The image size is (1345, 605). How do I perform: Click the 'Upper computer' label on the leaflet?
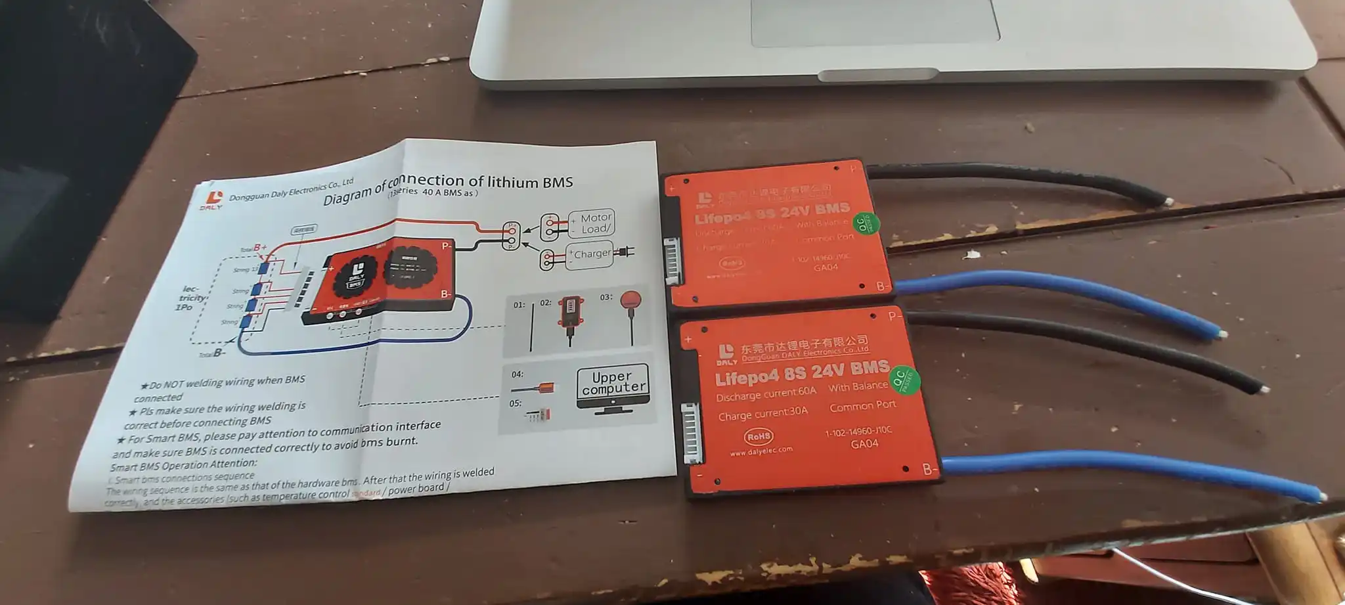[x=613, y=382]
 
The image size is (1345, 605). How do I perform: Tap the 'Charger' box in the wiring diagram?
[x=592, y=254]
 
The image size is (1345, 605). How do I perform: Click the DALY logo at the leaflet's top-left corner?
[x=213, y=200]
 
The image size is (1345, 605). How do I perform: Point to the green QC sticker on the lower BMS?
[x=906, y=380]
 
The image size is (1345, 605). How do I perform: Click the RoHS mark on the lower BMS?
[x=759, y=436]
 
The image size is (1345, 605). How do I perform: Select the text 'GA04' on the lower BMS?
[x=864, y=444]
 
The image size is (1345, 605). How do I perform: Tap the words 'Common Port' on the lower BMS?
[x=862, y=406]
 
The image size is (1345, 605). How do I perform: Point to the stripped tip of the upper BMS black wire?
[x=1168, y=201]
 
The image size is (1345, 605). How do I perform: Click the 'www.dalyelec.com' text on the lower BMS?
[x=761, y=451]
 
